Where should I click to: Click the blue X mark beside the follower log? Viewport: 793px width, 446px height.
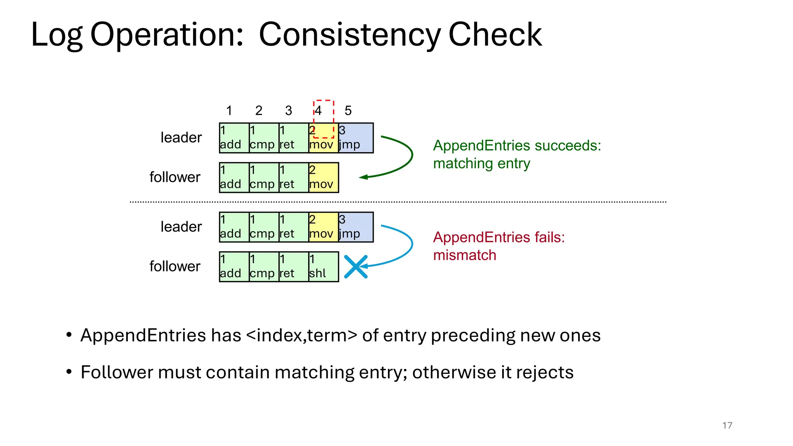click(355, 267)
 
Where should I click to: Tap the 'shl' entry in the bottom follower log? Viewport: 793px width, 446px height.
click(323, 267)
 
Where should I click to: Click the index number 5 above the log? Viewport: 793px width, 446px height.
click(348, 111)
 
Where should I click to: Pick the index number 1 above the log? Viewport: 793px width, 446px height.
click(229, 111)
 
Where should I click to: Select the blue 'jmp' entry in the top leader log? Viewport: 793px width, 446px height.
click(355, 138)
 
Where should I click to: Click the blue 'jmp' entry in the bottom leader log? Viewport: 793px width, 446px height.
click(355, 227)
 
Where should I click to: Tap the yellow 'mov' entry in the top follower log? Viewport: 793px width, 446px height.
click(323, 178)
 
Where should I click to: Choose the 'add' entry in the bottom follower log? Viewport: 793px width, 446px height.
click(234, 267)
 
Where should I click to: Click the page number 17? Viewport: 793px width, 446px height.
click(727, 425)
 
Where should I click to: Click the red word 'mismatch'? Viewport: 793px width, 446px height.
click(465, 256)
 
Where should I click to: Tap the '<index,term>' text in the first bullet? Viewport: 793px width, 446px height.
click(301, 335)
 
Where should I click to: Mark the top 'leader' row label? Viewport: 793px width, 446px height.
click(181, 138)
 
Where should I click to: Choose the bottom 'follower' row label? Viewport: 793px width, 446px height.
click(175, 266)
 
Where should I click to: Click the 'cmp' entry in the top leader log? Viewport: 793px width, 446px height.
click(264, 138)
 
